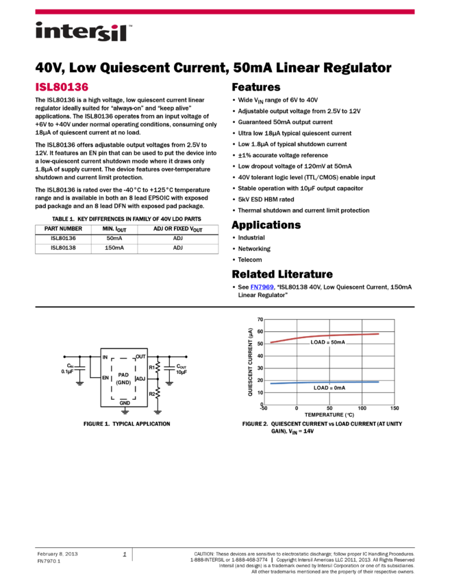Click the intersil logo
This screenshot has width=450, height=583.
(84, 32)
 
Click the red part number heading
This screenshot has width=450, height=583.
(62, 87)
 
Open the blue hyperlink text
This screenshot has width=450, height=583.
(262, 287)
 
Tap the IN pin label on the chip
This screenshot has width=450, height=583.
(105, 357)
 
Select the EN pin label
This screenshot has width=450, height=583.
(105, 378)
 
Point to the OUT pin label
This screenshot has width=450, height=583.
(140, 357)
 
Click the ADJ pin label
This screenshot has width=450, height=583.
(140, 379)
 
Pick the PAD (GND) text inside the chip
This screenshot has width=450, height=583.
(123, 379)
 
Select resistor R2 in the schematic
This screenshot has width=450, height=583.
(158, 393)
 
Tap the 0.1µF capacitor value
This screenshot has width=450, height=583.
(67, 371)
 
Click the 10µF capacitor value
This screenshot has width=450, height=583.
(182, 372)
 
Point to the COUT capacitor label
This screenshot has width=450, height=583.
(182, 366)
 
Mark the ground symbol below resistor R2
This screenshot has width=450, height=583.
(158, 412)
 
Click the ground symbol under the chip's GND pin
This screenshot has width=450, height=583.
(125, 412)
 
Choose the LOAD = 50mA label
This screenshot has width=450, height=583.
(327, 342)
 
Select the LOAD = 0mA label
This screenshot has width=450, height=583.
(329, 388)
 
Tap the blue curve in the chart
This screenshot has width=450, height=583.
(322, 382)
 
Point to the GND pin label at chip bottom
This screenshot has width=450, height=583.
(125, 403)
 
